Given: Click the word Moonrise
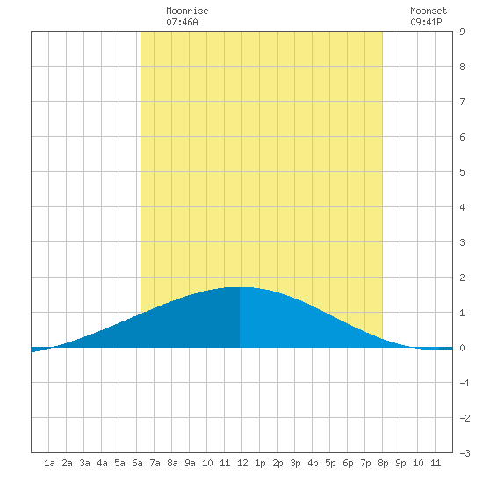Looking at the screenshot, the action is (x=187, y=11).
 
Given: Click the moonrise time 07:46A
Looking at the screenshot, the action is (x=182, y=22).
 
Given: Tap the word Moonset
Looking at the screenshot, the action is (x=429, y=11).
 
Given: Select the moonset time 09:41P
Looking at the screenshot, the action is (x=426, y=22).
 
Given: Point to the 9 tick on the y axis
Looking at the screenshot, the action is (x=462, y=32).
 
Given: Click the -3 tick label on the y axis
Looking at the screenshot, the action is (x=465, y=453).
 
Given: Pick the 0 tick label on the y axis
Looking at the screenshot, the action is (x=462, y=348).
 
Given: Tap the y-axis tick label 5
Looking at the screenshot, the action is (x=462, y=172).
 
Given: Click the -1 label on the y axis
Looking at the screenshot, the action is (x=465, y=383).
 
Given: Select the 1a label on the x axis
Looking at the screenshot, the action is (x=49, y=463).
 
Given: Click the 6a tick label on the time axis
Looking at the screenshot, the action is (x=137, y=463).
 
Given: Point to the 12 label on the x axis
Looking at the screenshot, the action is (x=242, y=463).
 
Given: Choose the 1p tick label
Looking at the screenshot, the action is (x=260, y=463).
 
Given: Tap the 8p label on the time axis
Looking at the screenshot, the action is (x=383, y=463).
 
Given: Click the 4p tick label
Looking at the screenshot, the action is (x=313, y=463).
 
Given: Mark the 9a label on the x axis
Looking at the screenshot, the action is (x=190, y=463).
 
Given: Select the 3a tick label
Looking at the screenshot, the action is (x=84, y=463).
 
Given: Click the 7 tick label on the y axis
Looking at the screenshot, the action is (x=462, y=102).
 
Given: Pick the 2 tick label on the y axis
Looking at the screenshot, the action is (x=462, y=278).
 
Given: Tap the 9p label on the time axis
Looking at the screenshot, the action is (x=400, y=463).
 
